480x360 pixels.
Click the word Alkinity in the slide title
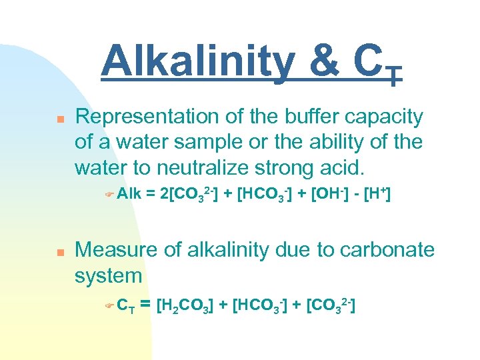tap(197, 62)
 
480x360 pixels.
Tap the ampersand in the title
tap(323, 62)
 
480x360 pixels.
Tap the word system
tap(109, 276)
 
